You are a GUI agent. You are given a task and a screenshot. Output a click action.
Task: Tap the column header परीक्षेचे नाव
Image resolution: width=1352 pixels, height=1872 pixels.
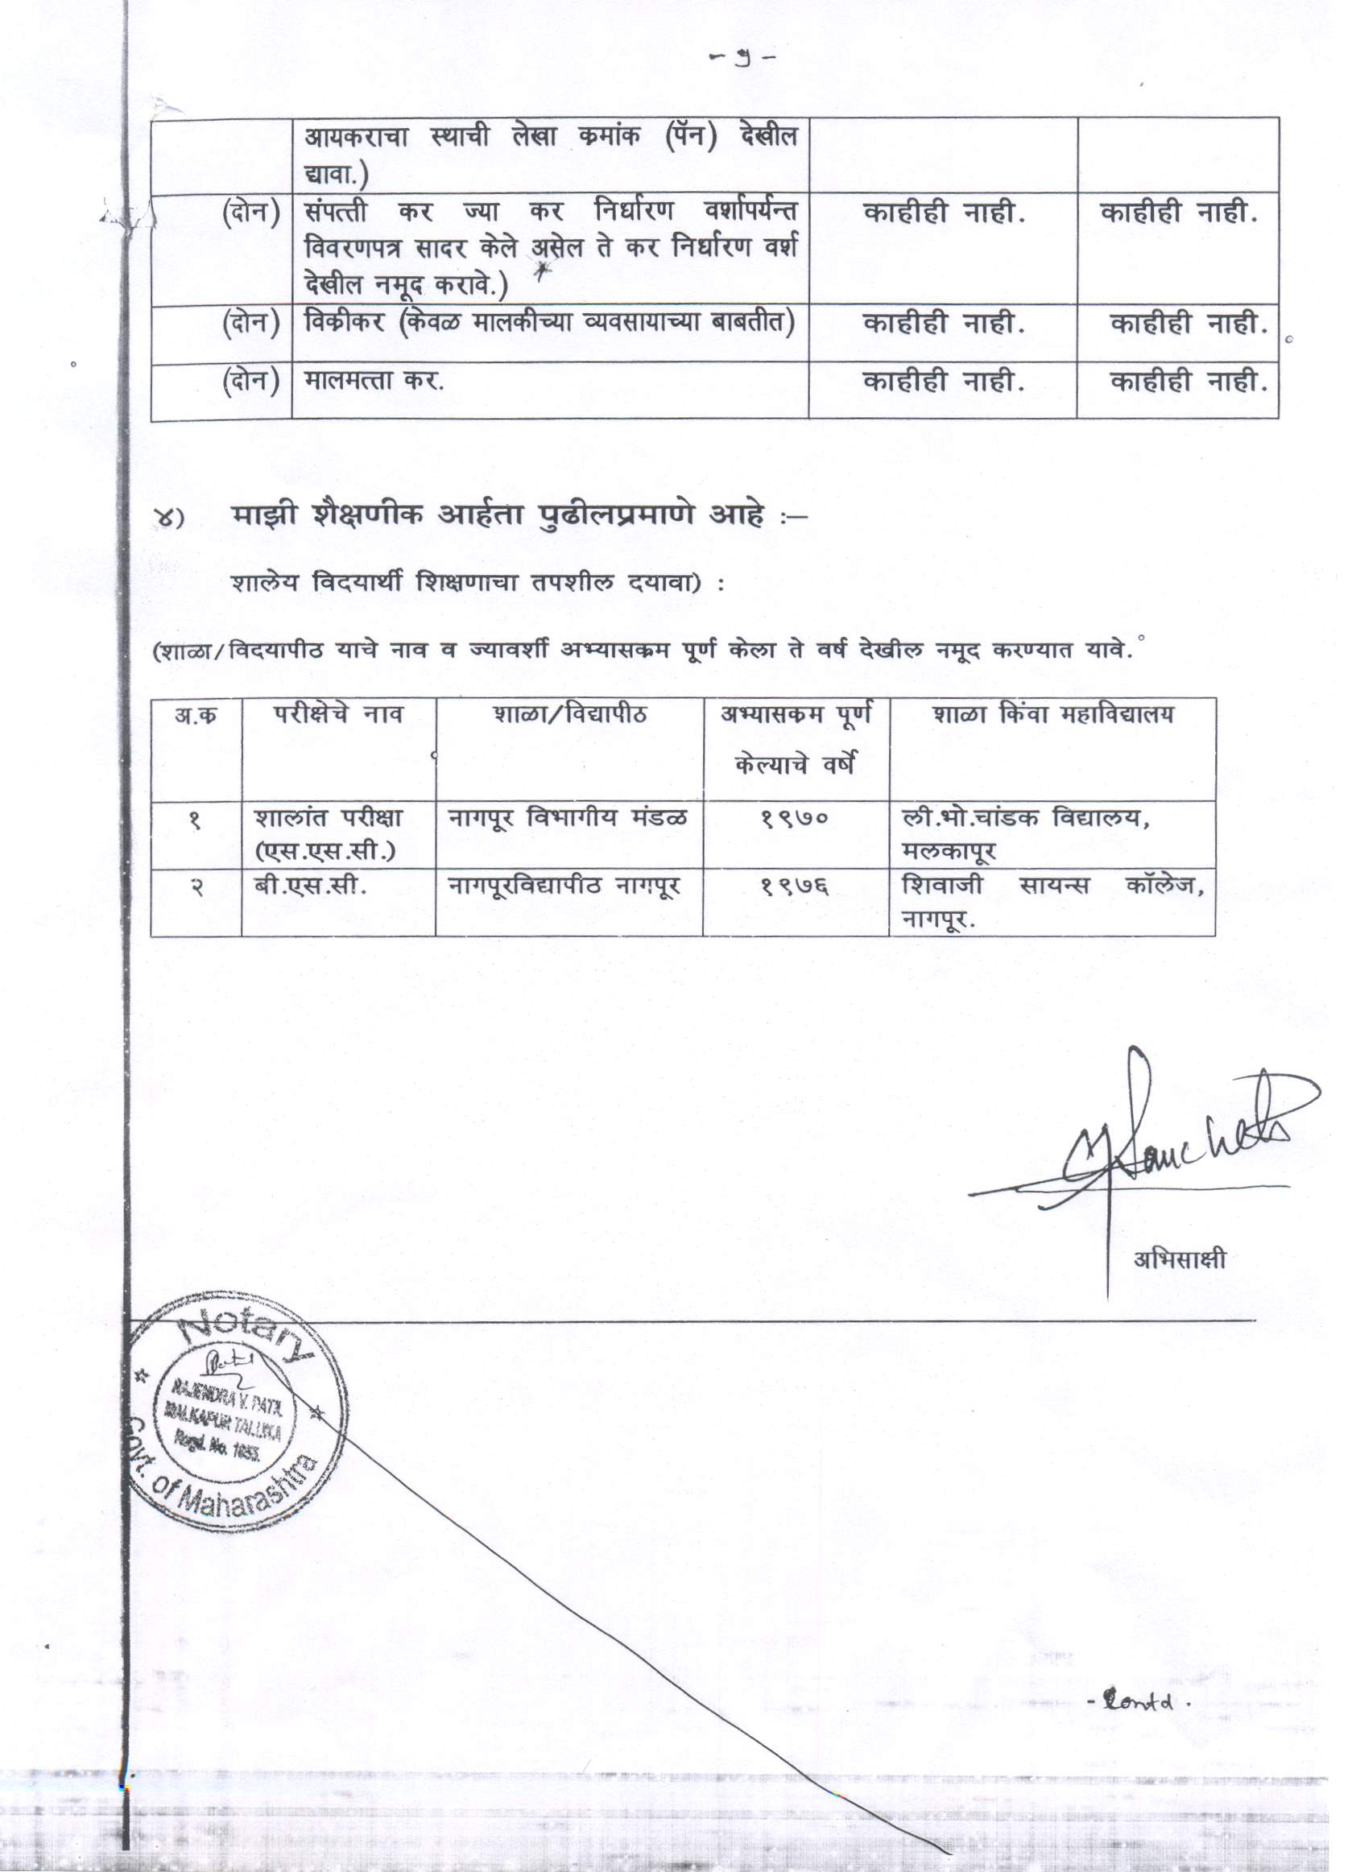[x=338, y=714]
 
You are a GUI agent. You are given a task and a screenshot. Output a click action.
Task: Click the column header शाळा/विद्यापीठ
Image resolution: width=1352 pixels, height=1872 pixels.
[x=569, y=714]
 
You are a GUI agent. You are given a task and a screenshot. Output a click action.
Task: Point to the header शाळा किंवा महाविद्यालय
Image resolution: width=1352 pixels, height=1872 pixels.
[x=1052, y=714]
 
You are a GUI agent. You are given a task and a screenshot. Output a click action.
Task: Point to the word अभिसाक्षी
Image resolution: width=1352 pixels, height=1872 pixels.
[x=1179, y=1259]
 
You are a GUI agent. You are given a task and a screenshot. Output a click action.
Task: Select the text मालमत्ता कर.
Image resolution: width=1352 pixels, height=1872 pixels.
[x=373, y=381]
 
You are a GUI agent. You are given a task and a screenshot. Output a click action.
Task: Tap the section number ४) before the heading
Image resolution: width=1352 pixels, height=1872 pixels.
[x=169, y=519]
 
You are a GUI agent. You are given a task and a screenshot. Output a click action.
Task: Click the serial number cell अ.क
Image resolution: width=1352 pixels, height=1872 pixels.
[x=196, y=715]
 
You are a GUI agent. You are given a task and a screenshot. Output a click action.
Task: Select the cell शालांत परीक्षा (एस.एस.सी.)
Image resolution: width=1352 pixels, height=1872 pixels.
[x=328, y=833]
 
